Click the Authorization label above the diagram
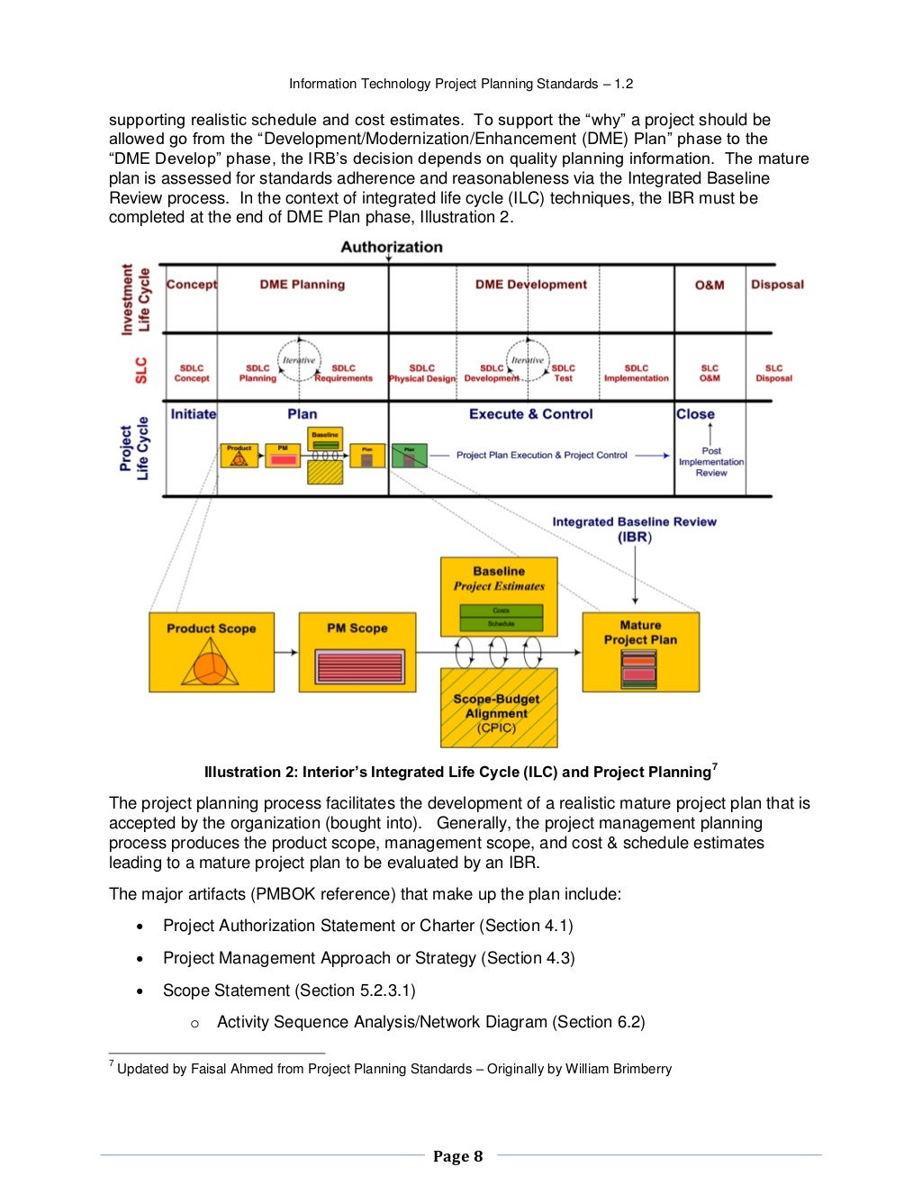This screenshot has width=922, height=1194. point(392,247)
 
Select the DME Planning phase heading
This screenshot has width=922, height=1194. point(302,285)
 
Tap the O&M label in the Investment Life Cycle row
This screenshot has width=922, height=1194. point(710,285)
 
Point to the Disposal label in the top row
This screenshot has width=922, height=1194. point(777,285)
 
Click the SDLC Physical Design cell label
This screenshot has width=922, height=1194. point(422,374)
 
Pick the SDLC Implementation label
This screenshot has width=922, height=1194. point(637,374)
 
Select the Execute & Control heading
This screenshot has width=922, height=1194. point(530,414)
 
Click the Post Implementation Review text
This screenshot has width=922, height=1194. point(711,462)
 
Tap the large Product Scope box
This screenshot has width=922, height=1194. point(212,652)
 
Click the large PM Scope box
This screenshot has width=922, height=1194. point(357,652)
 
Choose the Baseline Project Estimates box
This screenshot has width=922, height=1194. point(499,596)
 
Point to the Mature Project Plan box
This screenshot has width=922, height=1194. point(640,652)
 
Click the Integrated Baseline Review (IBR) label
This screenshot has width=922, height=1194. point(634,529)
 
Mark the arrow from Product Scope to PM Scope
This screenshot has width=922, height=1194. point(286,652)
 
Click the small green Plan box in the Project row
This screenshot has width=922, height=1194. point(409,456)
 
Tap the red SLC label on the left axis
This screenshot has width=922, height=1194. point(141,370)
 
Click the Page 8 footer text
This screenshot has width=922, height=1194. point(457,1156)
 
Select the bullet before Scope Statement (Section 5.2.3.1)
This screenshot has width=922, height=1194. point(140,991)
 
